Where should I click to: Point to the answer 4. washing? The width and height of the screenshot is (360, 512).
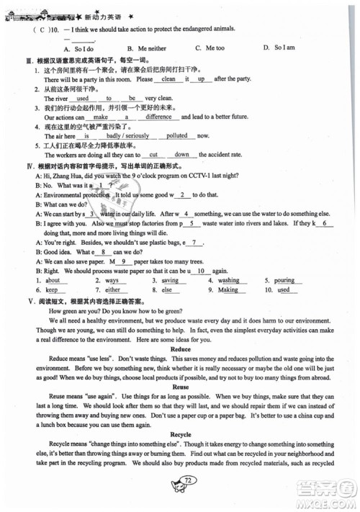(x=229, y=279)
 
